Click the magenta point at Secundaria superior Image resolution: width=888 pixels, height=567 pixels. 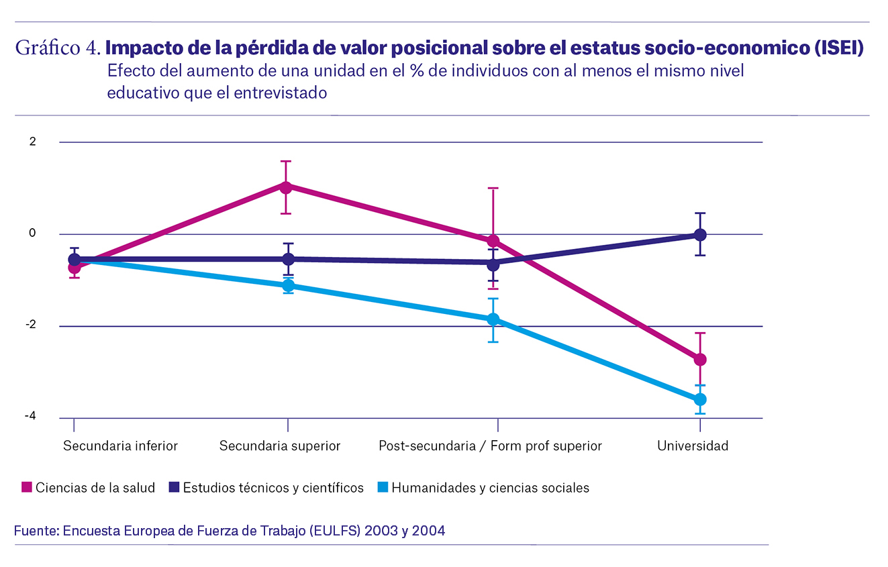pos(286,187)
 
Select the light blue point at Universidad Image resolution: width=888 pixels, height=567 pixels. pos(700,399)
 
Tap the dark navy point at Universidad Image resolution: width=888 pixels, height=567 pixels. pos(700,234)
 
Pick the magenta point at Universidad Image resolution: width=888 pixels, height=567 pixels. pos(700,360)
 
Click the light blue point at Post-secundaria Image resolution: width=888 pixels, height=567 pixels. pos(493,319)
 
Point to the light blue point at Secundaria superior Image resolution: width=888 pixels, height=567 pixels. pos(288,286)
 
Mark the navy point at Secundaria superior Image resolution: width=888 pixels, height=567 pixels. pos(288,259)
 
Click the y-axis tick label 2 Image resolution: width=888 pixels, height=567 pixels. pos(32,142)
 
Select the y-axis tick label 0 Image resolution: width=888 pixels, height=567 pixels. pos(32,234)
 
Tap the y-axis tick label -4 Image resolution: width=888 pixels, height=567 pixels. pos(30,417)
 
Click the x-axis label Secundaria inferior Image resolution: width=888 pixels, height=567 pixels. pos(120,446)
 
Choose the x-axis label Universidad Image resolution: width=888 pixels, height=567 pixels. pos(693,446)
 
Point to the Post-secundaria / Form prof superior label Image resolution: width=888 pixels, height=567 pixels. pos(490,446)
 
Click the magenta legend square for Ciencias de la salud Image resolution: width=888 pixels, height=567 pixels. pos(27,488)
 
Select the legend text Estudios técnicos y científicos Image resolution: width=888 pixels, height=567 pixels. pos(273,488)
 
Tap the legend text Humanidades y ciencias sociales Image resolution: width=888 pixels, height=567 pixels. pos(490,488)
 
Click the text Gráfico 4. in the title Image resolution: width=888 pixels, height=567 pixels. pos(58,48)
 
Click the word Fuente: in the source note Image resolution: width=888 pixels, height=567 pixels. pos(37,531)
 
